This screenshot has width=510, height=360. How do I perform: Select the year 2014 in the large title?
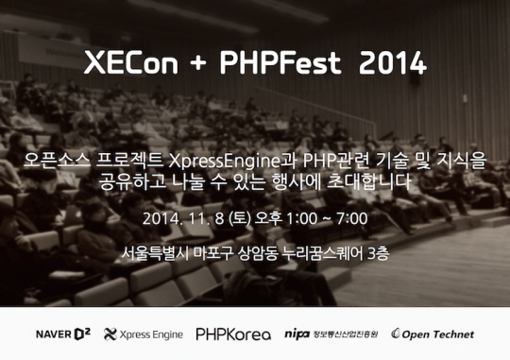(x=389, y=63)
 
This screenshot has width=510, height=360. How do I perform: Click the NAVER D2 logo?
(x=62, y=334)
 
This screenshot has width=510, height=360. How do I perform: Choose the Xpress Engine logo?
(x=144, y=334)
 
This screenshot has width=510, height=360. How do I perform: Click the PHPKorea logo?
(x=233, y=334)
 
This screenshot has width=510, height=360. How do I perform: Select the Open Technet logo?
(x=433, y=334)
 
